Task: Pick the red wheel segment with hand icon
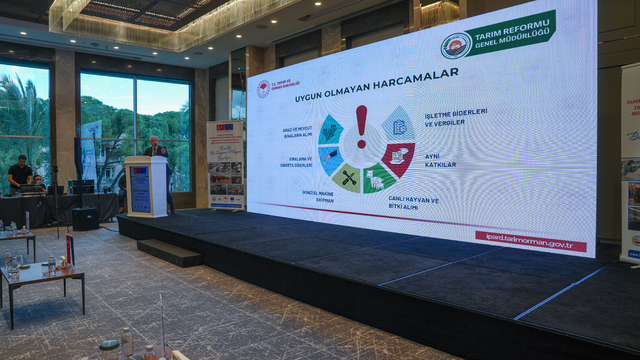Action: [x=397, y=157]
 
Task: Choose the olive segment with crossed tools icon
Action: [x=347, y=177]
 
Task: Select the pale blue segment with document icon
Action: [x=397, y=125]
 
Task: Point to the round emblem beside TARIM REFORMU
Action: [x=456, y=46]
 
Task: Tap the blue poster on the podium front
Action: [x=140, y=188]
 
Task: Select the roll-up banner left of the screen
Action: [x=226, y=164]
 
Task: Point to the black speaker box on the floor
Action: [x=85, y=218]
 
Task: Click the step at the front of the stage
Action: [x=170, y=252]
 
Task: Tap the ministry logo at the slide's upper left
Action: [x=263, y=88]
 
